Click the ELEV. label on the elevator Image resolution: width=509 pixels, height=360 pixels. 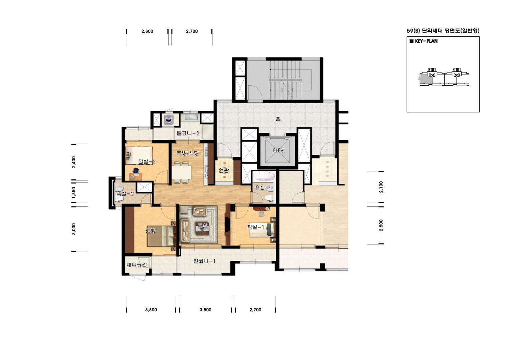279,151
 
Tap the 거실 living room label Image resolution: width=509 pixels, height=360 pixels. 203,226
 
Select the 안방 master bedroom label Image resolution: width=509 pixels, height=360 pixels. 151,231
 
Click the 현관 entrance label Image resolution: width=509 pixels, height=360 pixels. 224,170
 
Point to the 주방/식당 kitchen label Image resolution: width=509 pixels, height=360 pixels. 188,153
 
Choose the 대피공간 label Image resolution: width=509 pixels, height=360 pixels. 137,264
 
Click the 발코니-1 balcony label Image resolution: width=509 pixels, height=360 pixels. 204,261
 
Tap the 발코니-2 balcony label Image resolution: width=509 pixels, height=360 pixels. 188,133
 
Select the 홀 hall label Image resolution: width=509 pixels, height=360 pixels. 278,119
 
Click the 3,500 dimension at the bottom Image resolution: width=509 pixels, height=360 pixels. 205,310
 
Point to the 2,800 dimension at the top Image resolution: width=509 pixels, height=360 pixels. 147,31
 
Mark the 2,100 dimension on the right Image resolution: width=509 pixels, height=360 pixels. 381,187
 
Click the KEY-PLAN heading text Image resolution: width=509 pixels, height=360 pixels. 426,41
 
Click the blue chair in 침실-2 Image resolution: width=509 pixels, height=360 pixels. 136,170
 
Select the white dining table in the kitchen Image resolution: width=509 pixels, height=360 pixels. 181,173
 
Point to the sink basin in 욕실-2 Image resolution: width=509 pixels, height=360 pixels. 119,188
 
